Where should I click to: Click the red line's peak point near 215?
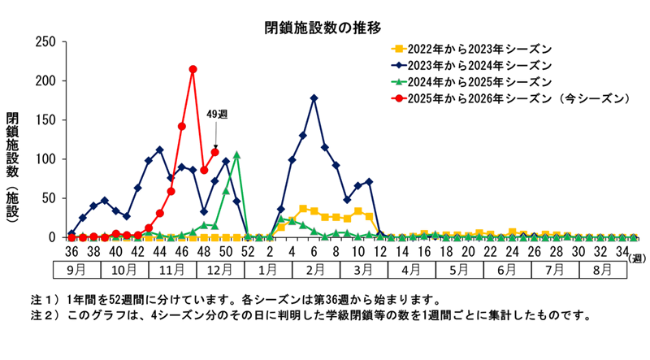193,70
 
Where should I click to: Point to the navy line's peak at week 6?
314,98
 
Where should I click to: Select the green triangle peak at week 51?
236,154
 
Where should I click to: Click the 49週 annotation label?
216,115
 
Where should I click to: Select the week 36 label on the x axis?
71,252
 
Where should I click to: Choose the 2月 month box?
314,269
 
